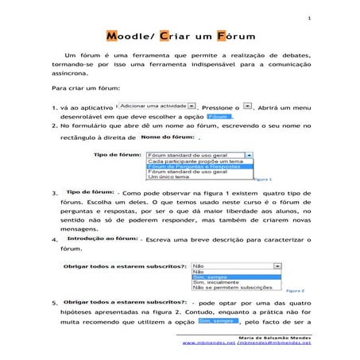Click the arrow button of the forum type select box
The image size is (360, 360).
(249, 154)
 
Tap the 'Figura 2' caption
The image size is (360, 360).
(295, 291)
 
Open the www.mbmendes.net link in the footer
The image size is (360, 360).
(209, 344)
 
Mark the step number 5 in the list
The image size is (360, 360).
(52, 304)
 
